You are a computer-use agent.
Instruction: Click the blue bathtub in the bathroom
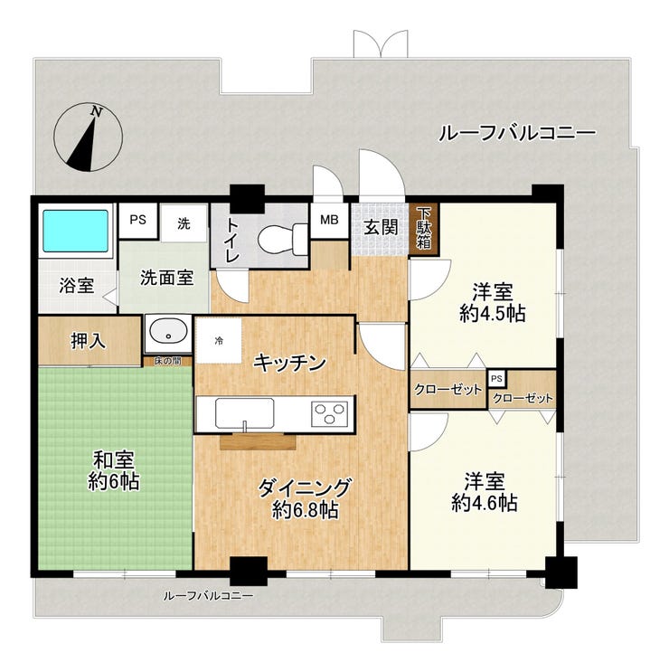tap(75, 231)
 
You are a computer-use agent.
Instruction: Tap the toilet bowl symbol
tap(283, 240)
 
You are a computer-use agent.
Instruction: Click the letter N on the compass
tap(97, 112)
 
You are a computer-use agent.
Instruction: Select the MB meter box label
tap(329, 220)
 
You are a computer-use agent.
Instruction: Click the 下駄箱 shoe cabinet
tap(424, 229)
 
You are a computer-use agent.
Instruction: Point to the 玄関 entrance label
tap(381, 228)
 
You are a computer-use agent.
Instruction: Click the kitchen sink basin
tap(245, 412)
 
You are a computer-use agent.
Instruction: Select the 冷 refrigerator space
tap(219, 341)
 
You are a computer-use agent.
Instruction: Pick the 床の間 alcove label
tap(167, 361)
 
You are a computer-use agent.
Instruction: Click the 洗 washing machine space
tap(184, 223)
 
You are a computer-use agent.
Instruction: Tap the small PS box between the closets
tap(496, 379)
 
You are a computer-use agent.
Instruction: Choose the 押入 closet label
tap(88, 341)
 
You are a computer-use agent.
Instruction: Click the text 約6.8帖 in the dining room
tap(306, 510)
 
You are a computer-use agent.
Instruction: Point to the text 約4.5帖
tap(493, 314)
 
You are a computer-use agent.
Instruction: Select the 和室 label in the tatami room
tap(114, 460)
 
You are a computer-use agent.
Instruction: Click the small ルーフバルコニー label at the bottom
tap(208, 596)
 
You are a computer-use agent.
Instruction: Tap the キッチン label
tap(289, 363)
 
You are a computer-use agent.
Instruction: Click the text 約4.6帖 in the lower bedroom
tap(485, 503)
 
